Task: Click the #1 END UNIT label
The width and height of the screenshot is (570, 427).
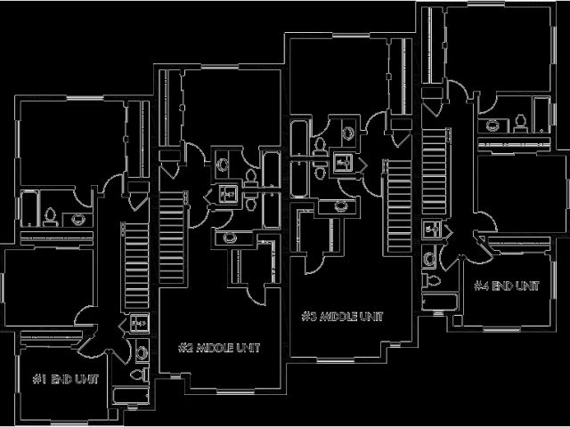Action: (65, 380)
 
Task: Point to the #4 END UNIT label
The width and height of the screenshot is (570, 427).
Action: (506, 286)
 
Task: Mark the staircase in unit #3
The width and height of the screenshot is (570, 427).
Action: (396, 205)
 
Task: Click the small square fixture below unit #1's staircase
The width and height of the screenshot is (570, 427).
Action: (139, 323)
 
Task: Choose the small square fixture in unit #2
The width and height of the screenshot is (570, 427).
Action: (228, 192)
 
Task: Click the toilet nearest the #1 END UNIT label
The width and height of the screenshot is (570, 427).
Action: (142, 352)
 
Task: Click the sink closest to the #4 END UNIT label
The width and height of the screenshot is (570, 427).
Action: (431, 259)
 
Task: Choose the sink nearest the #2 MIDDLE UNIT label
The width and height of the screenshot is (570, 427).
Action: (231, 238)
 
